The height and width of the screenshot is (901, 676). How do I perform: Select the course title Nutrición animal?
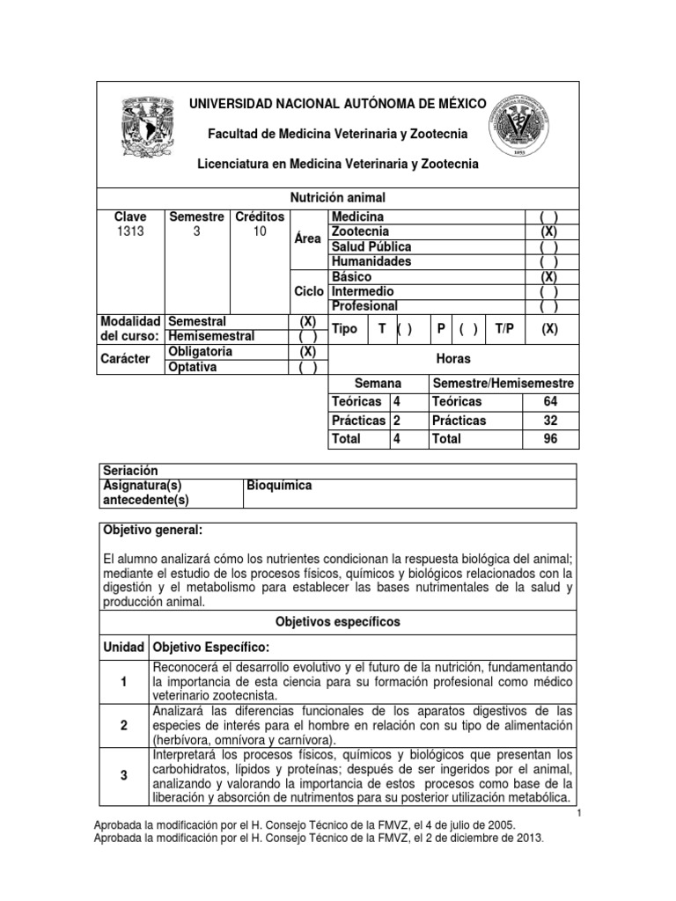coord(337,198)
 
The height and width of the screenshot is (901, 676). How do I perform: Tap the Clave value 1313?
coord(129,231)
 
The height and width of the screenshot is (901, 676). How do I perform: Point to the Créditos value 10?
coord(259,231)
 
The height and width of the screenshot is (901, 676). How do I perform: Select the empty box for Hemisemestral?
coord(308,337)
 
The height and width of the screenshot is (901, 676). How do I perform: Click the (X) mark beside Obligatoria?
coord(308,352)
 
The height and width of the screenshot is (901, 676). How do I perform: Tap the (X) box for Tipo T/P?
coord(549,329)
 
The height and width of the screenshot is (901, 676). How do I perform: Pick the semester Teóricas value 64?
coord(551,401)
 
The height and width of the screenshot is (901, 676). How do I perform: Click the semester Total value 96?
coord(551,438)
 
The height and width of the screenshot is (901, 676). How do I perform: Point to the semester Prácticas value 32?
coord(551,421)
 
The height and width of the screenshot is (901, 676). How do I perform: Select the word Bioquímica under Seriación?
coord(280,486)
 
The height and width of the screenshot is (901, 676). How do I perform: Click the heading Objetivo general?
coord(153,531)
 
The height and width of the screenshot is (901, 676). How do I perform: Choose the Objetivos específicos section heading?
coord(337,621)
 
